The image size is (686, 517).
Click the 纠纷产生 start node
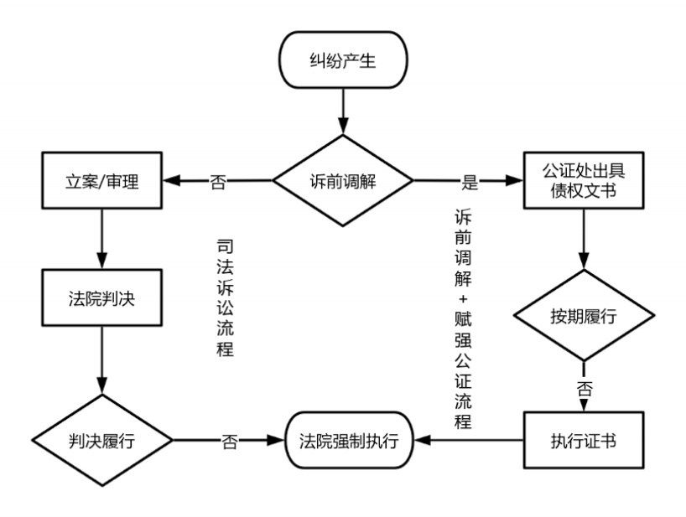pyautogui.click(x=344, y=59)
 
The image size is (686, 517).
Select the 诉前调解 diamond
pyautogui.click(x=343, y=180)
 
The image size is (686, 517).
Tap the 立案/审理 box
pyautogui.click(x=102, y=180)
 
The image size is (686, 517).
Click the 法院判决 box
pyautogui.click(x=102, y=297)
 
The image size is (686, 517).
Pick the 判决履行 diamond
pyautogui.click(x=102, y=440)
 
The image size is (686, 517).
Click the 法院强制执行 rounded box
pyautogui.click(x=349, y=440)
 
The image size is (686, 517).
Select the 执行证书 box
pyautogui.click(x=584, y=440)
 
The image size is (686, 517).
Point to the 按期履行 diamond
pyautogui.click(x=584, y=315)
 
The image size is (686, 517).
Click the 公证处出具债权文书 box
pyautogui.click(x=584, y=180)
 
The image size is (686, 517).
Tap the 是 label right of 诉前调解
pyautogui.click(x=470, y=181)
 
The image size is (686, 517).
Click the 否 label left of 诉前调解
pyautogui.click(x=218, y=181)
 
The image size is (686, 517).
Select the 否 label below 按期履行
pyautogui.click(x=585, y=388)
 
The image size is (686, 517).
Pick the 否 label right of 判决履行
pyautogui.click(x=230, y=442)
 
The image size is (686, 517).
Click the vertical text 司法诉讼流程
pyautogui.click(x=225, y=297)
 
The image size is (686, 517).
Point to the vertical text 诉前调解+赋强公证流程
pyautogui.click(x=463, y=319)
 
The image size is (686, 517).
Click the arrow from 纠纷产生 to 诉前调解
pyautogui.click(x=344, y=111)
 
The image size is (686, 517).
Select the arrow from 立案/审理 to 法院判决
pyautogui.click(x=102, y=239)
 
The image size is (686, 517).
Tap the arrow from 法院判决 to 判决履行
pyautogui.click(x=102, y=360)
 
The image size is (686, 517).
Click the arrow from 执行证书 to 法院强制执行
pyautogui.click(x=469, y=440)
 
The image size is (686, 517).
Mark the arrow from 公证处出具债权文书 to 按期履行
pyautogui.click(x=584, y=239)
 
